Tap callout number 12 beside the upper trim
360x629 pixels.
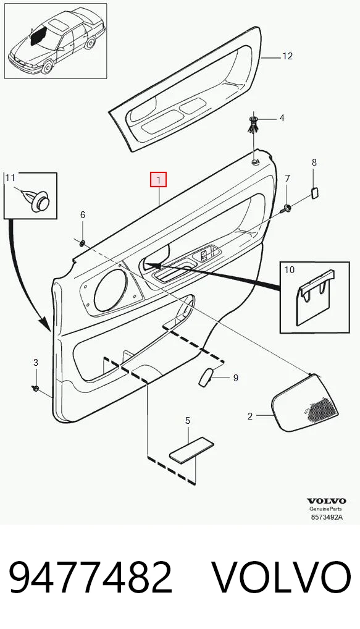pos(287,56)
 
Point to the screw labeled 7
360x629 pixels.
pos(287,208)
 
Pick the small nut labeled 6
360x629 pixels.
pos(82,242)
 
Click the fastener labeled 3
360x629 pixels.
pos(35,388)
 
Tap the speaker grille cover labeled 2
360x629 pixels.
pos(306,403)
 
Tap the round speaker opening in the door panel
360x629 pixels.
pos(110,290)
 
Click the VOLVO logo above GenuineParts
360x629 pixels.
pos(326,501)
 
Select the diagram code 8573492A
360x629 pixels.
pos(327,517)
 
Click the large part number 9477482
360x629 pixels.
pos(91,578)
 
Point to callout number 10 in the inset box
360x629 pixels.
pos(290,269)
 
